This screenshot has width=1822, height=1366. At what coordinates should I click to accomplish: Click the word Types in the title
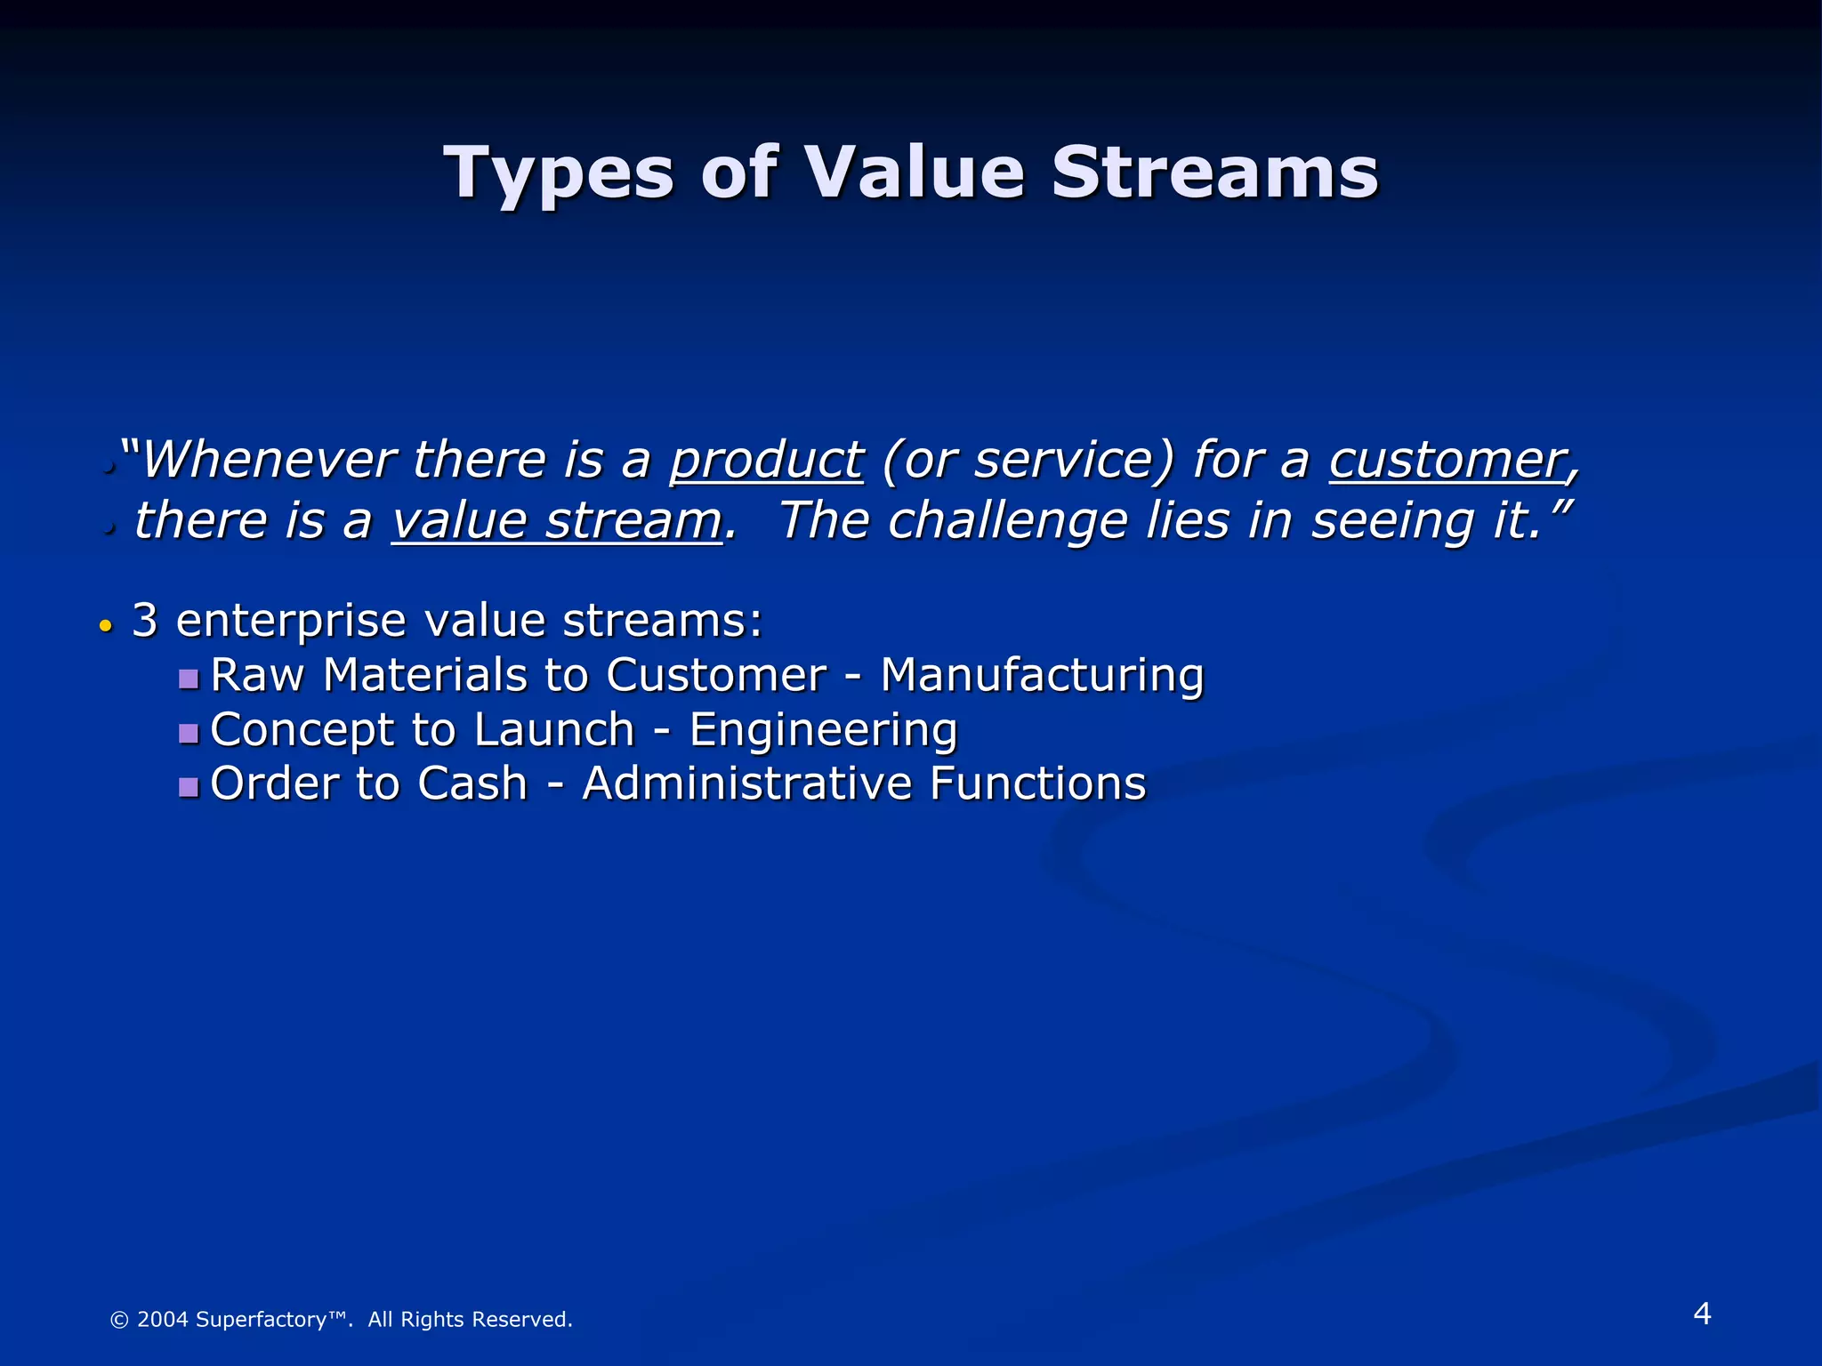(559, 174)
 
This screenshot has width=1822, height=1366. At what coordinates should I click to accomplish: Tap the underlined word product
(766, 461)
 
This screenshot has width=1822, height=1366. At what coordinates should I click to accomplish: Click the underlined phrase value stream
(557, 521)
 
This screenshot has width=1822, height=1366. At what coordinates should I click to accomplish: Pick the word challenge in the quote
(1008, 521)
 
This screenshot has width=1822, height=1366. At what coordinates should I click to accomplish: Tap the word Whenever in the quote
(269, 461)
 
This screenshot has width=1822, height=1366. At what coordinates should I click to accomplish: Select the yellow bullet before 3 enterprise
(106, 626)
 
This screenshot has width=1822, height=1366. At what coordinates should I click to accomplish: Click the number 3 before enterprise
(145, 621)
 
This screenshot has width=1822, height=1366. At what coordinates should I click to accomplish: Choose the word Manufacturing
(1042, 675)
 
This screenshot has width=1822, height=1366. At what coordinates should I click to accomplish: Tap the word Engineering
(823, 730)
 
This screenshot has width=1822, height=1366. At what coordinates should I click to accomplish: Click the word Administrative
(746, 784)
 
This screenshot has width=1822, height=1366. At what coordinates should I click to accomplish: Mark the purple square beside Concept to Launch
(188, 735)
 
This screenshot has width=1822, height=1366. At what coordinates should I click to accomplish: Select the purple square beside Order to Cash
(188, 788)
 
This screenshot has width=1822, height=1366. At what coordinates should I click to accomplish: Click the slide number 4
(1701, 1314)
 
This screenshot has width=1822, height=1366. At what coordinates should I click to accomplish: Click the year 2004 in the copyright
(163, 1320)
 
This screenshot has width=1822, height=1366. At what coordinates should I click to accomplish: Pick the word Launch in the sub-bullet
(554, 730)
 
